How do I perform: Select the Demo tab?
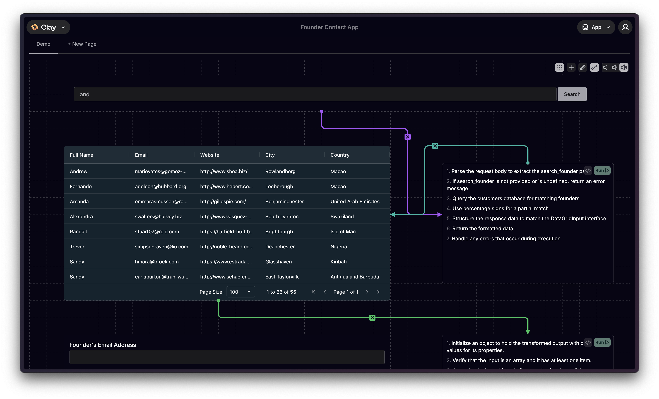(43, 44)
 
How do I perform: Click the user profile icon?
(625, 27)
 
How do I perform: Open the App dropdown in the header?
(596, 27)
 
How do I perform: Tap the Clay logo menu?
(48, 27)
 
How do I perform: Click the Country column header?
(340, 155)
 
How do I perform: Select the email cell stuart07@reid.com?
(157, 232)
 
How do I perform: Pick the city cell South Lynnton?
(282, 217)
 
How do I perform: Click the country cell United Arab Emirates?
(355, 201)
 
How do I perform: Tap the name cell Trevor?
(77, 247)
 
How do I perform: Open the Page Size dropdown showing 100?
(240, 292)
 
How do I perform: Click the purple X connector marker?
(407, 137)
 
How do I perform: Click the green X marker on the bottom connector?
(372, 318)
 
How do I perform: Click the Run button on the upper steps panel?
(602, 170)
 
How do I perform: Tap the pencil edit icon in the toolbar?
(583, 67)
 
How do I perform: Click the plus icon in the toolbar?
(571, 67)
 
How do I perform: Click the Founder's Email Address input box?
(227, 357)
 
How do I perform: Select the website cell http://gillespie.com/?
(223, 201)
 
